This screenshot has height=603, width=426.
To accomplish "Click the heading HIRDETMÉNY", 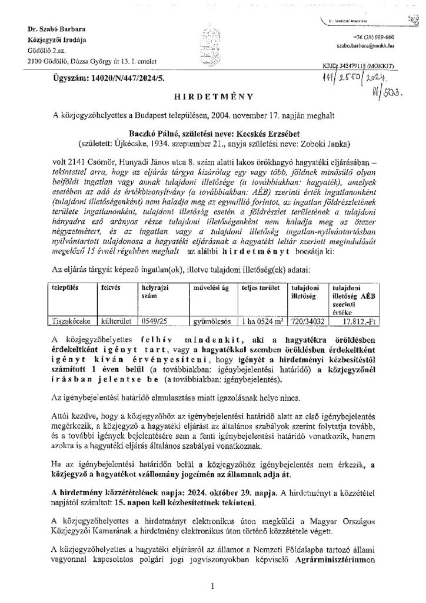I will [x=212, y=94].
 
